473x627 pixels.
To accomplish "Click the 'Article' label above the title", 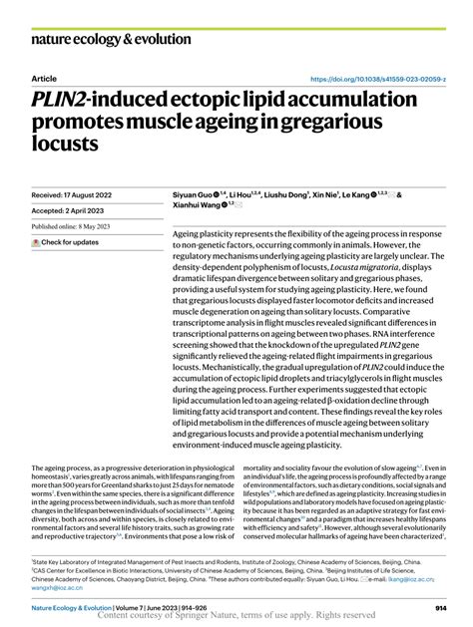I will tap(44, 78).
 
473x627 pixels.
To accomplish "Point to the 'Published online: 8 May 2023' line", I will tap(82, 227).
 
